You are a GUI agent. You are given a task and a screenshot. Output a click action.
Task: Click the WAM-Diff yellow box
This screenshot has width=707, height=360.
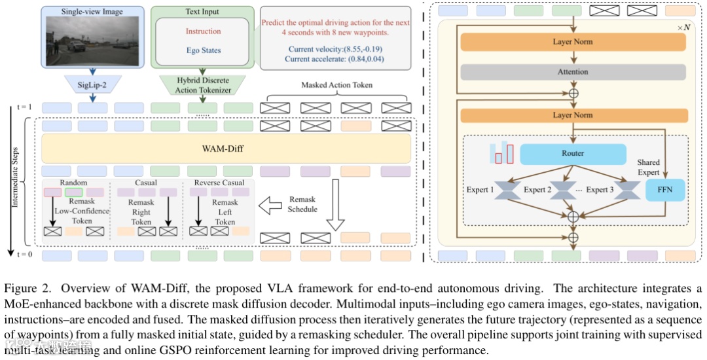coord(226,149)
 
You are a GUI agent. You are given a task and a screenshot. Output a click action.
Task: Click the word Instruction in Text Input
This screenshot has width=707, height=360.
coord(203,31)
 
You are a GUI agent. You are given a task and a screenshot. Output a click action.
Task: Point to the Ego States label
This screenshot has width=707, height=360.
coord(203,50)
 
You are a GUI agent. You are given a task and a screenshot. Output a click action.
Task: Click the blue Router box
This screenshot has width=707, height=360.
coord(572,153)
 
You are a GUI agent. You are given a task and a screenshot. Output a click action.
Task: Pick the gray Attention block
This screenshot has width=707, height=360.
coord(573,71)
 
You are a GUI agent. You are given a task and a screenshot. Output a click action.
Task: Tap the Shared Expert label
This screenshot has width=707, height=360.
coord(649,167)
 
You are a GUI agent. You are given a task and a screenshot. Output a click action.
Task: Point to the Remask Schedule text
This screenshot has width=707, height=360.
coord(302,205)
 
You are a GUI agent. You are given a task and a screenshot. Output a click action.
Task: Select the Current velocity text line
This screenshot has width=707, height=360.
coord(335,49)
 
